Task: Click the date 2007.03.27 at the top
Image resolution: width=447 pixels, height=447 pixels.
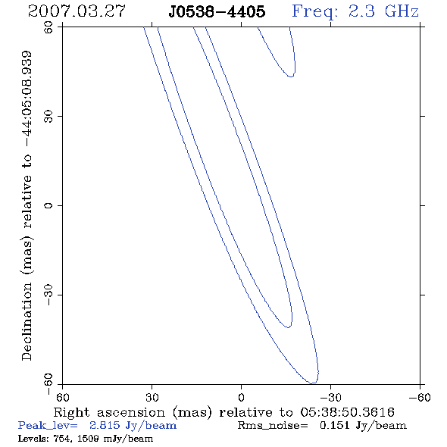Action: [77, 11]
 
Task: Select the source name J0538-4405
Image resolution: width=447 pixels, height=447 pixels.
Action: [217, 11]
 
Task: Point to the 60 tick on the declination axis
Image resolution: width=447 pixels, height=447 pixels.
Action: [48, 27]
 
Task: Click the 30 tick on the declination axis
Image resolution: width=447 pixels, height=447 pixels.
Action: [48, 117]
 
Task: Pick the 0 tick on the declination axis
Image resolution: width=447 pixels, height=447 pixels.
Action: [48, 205]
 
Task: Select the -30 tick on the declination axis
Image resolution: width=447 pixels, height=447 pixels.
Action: [48, 295]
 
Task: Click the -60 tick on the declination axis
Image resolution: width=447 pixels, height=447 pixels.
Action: [48, 384]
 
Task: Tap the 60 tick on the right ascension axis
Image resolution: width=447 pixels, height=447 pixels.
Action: [62, 397]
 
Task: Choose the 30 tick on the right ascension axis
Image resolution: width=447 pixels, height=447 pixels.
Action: [152, 397]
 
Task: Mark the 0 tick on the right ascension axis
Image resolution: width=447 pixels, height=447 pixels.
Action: [241, 397]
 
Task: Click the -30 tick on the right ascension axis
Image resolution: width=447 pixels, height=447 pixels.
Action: [330, 397]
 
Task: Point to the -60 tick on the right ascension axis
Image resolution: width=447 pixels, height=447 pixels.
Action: [420, 397]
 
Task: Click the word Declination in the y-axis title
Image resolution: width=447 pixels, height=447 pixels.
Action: [27, 322]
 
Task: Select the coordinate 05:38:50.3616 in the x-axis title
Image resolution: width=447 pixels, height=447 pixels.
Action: [348, 412]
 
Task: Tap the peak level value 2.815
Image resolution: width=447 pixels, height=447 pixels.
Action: [105, 425]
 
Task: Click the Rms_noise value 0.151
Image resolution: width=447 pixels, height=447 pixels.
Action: [335, 425]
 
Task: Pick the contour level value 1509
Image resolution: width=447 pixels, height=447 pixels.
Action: [89, 439]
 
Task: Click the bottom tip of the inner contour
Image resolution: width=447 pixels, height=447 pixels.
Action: [288, 327]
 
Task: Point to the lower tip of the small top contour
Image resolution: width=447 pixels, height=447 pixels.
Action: [291, 77]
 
